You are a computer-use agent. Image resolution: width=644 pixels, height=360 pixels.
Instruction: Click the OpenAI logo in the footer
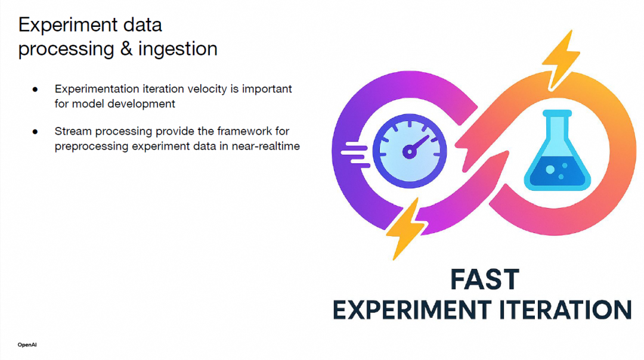click(27, 345)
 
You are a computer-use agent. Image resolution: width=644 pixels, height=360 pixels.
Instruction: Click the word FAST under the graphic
click(485, 280)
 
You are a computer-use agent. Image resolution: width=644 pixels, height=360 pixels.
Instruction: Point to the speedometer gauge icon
click(410, 151)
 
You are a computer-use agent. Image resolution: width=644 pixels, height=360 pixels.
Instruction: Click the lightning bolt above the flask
click(561, 60)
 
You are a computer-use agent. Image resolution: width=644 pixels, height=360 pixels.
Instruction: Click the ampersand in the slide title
click(126, 49)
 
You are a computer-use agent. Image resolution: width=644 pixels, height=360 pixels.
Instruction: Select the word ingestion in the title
click(178, 49)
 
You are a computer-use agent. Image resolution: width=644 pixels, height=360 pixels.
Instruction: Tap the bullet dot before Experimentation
click(35, 89)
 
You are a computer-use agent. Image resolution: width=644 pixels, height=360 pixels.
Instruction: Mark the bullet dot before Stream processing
click(35, 131)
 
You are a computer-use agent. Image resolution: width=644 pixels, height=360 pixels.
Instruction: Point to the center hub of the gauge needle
click(409, 152)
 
